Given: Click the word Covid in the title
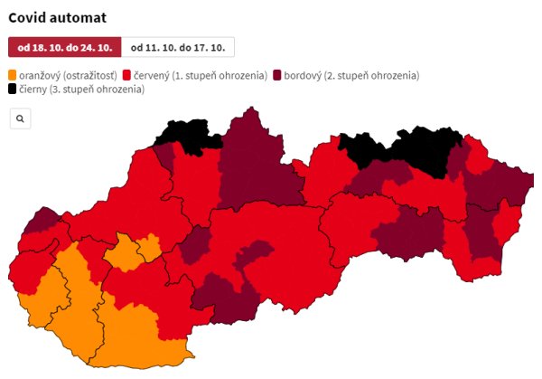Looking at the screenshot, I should tap(28, 16).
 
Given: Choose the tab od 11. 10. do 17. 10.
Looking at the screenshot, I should tap(177, 47).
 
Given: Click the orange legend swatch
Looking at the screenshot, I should tap(13, 75).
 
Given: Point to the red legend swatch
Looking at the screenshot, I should tap(127, 75).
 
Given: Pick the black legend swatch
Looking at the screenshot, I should tap(13, 89).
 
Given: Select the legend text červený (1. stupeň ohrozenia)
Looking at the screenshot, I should tap(200, 75).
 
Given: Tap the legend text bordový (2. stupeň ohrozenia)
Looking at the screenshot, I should tap(351, 75).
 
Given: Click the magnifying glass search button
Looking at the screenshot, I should tap(20, 118).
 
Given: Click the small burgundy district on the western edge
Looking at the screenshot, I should tap(42, 221).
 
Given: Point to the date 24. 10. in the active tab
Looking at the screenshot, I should tap(99, 47).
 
